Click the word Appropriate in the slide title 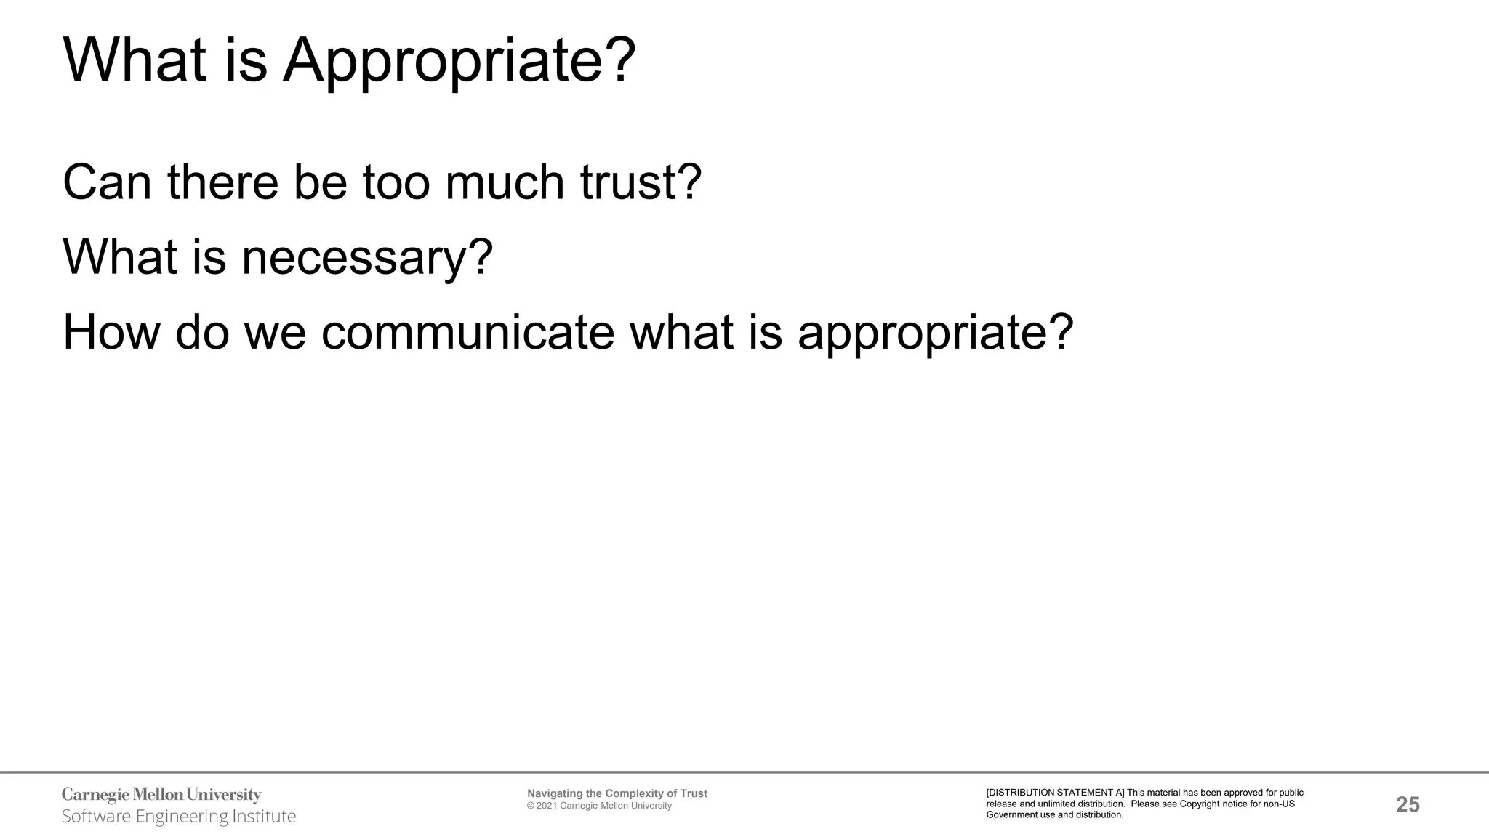459,61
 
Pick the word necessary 367,257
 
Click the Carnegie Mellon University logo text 161,795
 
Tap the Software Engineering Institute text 179,817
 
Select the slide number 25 1408,805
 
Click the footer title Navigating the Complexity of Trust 617,793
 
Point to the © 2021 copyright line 599,806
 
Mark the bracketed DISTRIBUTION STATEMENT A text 1055,793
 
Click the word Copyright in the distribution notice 1203,804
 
